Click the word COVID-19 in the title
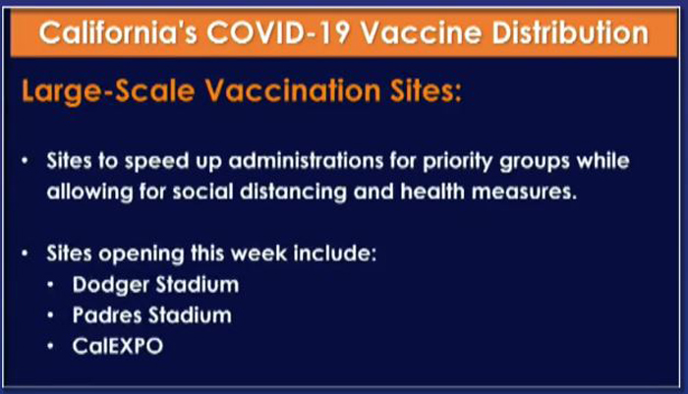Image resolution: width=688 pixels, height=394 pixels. pos(278,33)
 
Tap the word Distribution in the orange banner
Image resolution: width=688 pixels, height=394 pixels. pos(570,33)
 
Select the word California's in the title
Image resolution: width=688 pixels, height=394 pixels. pos(118,33)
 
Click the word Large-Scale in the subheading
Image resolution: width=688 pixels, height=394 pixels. pos(108,91)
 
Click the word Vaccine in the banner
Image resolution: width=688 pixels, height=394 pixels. pos(422,33)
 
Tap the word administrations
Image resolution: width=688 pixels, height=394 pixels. pos(307,161)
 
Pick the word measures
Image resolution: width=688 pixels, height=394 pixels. pos(524,193)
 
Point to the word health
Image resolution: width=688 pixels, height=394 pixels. pos(432,192)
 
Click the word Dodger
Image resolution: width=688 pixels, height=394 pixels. pos(111,285)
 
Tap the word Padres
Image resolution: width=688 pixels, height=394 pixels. pos(106,315)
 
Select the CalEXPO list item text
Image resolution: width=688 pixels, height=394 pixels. pos(118,346)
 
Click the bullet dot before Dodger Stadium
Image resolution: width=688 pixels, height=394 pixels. pos(50,285)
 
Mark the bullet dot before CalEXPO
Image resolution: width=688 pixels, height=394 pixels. pos(50,346)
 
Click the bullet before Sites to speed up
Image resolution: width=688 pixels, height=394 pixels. pos(25,161)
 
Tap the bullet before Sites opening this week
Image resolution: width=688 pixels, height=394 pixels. pos(25,253)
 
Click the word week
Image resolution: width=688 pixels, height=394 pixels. pos(258,253)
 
